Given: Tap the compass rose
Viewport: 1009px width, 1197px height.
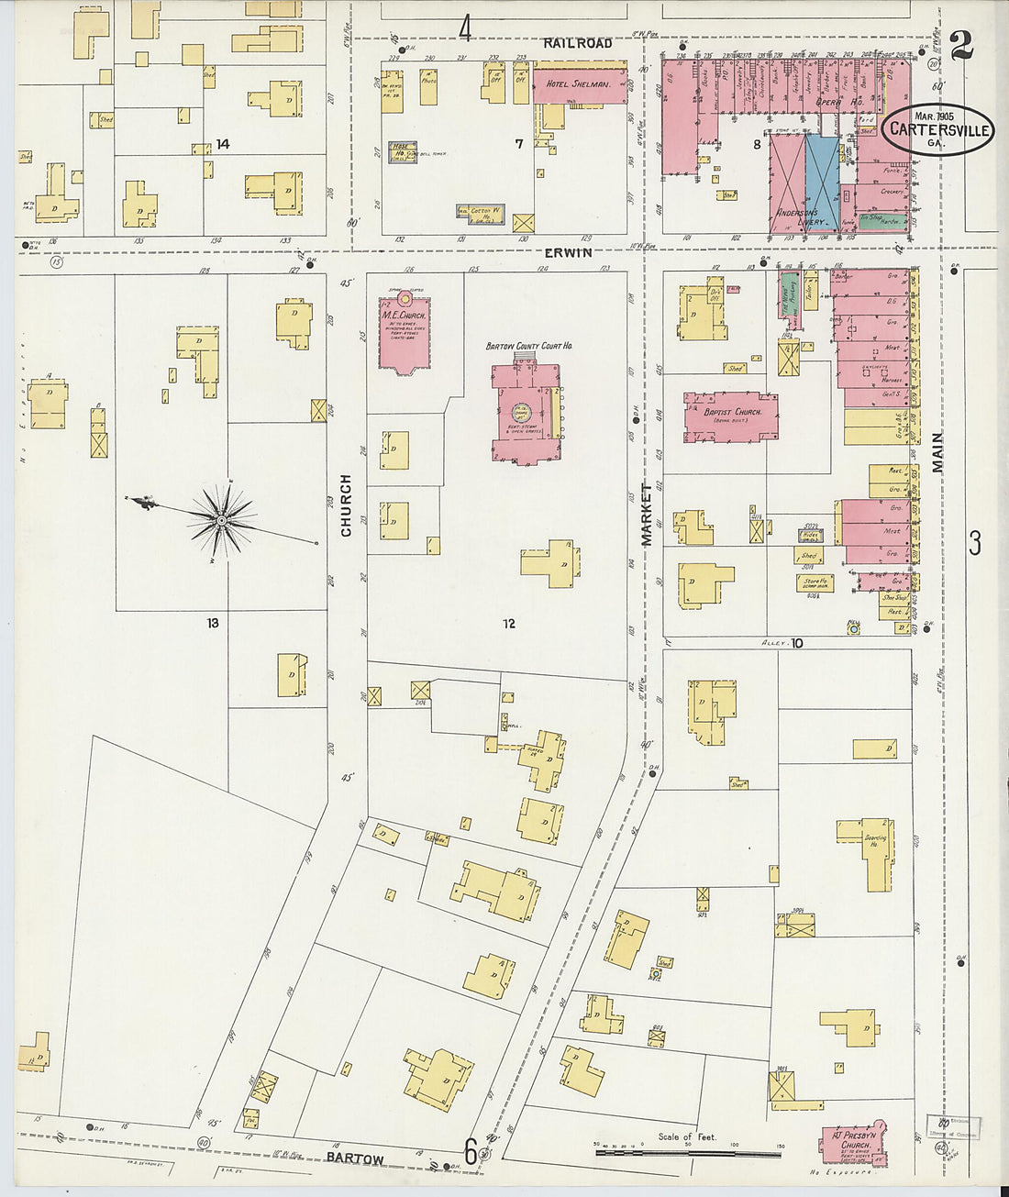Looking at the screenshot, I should (x=221, y=520).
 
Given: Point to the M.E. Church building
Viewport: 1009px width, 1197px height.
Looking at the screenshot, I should (x=404, y=333).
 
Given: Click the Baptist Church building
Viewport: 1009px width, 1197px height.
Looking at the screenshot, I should (x=731, y=418).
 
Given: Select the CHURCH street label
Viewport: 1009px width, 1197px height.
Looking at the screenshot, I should (x=347, y=505).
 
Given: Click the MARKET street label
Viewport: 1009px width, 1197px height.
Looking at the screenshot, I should (x=646, y=515).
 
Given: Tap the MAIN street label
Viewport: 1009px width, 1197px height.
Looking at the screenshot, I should (x=937, y=452).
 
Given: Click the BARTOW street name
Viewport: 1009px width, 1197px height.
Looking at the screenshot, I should (x=356, y=1158).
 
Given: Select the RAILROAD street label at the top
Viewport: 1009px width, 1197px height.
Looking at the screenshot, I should (x=577, y=43).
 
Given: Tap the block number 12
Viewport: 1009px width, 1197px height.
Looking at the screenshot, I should (x=508, y=624).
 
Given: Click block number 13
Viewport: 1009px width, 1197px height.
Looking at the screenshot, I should (x=213, y=623).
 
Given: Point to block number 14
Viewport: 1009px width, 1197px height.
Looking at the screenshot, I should (x=222, y=144).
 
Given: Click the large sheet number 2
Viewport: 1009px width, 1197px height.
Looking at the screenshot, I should (x=961, y=44).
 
